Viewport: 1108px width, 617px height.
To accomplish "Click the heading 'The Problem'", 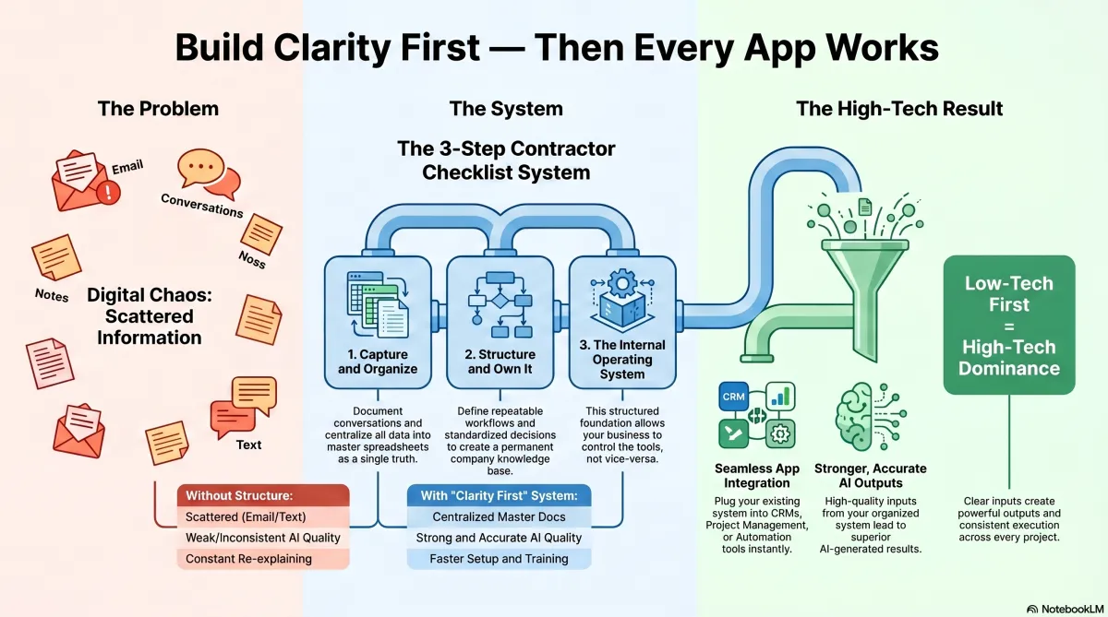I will pyautogui.click(x=158, y=109).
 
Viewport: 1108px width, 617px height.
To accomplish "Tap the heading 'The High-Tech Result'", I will pyautogui.click(x=899, y=109).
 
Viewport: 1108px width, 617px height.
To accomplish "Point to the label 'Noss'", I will pyautogui.click(x=251, y=262).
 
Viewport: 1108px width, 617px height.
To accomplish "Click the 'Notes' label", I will pyautogui.click(x=52, y=296).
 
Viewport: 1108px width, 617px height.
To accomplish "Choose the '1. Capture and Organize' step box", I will pyautogui.click(x=378, y=322).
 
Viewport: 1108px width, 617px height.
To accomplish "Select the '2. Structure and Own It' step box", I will pyautogui.click(x=500, y=322).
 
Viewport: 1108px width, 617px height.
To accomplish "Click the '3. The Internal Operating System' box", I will pyautogui.click(x=622, y=322).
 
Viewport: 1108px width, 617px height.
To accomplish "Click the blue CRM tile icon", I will pyautogui.click(x=733, y=397).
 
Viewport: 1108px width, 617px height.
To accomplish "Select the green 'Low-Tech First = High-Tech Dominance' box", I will pyautogui.click(x=1008, y=326).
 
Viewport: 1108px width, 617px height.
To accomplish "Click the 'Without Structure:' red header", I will pyautogui.click(x=263, y=495).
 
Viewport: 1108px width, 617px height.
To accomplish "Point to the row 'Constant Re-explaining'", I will pyautogui.click(x=263, y=558).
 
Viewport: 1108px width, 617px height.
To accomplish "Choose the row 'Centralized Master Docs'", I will pyautogui.click(x=499, y=516).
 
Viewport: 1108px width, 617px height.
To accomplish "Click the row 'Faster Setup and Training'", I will pyautogui.click(x=499, y=558).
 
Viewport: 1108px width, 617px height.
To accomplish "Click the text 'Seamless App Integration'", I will pyautogui.click(x=757, y=476).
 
